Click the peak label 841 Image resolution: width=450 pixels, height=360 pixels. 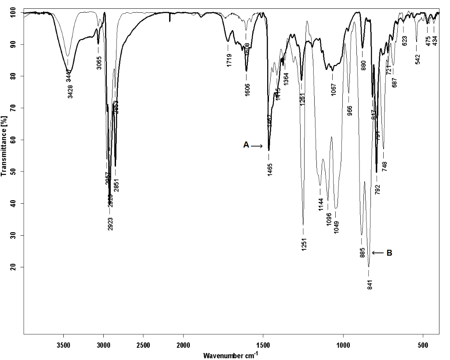370,285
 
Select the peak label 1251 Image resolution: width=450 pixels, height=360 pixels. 304,244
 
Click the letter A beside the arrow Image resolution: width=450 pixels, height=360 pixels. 246,145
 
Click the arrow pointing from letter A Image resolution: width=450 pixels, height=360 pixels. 257,146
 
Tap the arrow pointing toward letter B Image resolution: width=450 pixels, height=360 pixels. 378,252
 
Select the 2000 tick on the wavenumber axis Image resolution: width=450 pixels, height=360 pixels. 183,345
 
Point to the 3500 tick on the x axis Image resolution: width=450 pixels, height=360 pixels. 64,345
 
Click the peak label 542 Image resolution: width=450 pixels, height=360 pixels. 417,58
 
